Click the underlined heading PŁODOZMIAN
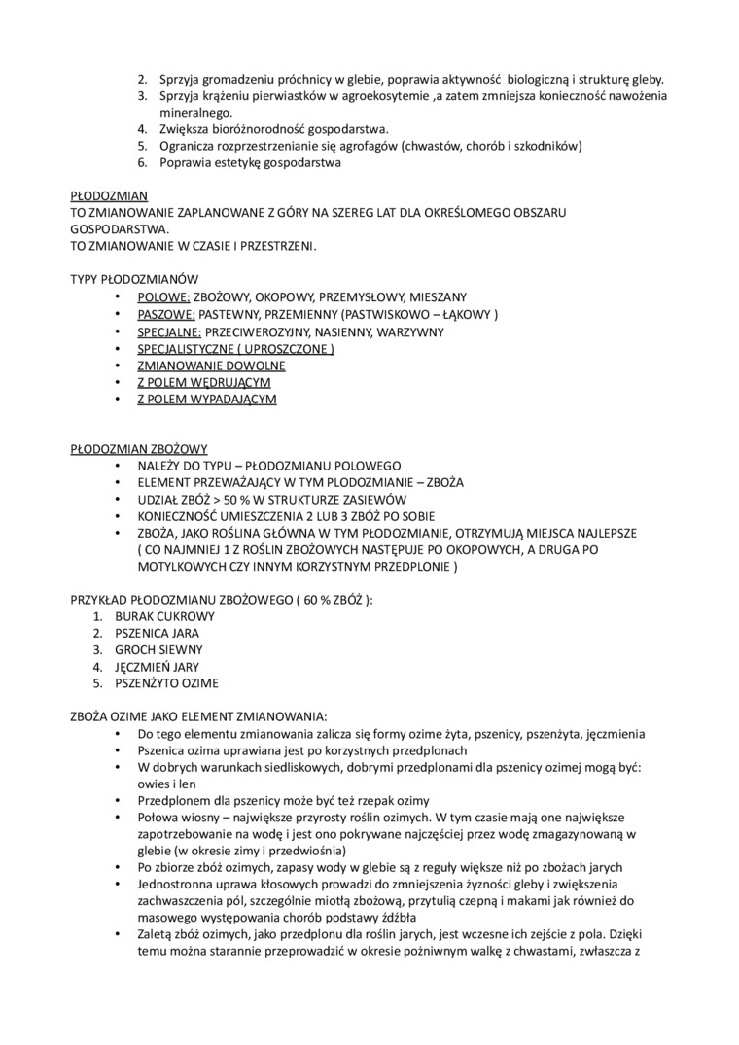pyautogui.click(x=109, y=195)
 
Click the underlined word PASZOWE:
pyautogui.click(x=167, y=314)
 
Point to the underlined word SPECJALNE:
pyautogui.click(x=170, y=331)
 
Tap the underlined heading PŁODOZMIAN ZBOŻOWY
pyautogui.click(x=139, y=449)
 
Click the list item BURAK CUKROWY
pyautogui.click(x=164, y=616)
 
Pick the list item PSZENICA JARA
pyautogui.click(x=157, y=633)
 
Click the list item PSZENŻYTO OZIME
pyautogui.click(x=166, y=683)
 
